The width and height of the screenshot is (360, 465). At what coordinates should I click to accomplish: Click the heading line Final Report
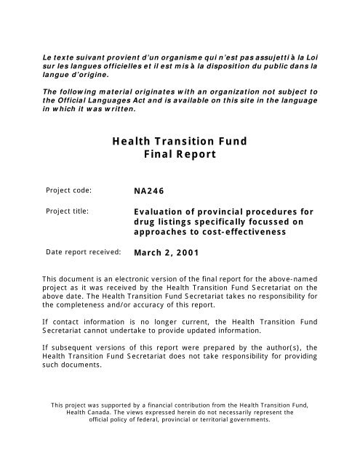point(180,156)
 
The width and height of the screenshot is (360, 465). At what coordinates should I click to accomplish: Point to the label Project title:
point(68,212)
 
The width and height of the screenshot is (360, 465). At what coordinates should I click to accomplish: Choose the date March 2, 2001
point(166,254)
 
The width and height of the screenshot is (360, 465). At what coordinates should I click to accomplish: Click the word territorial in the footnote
point(214,419)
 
